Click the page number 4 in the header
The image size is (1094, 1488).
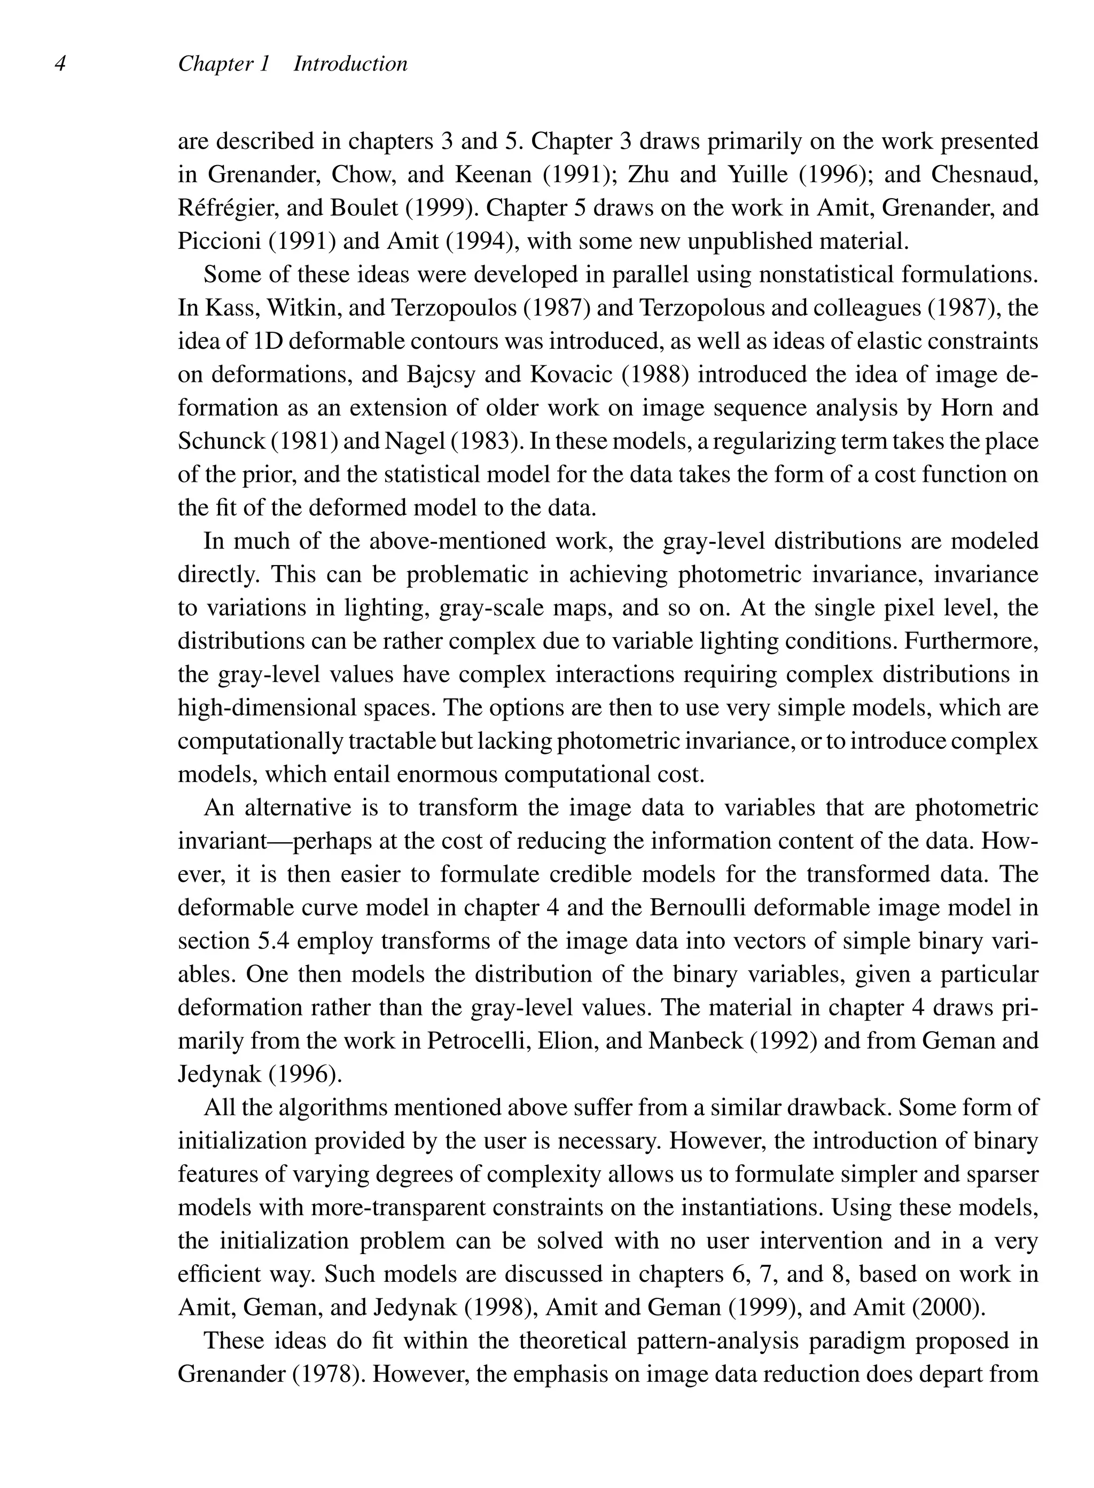coord(60,64)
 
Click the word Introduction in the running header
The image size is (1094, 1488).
coord(350,64)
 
